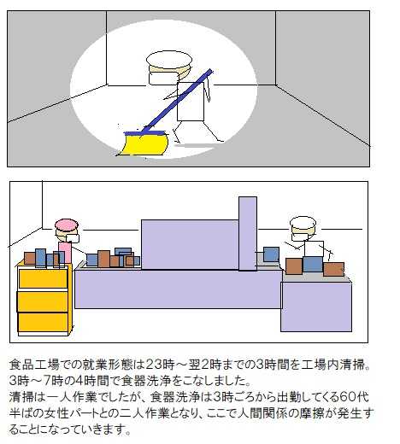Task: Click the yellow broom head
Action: click(144, 144)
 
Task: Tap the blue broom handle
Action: click(177, 101)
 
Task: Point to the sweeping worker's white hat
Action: click(169, 60)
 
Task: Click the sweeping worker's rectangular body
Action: click(191, 102)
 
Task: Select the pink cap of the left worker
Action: click(67, 225)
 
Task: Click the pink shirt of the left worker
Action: click(65, 252)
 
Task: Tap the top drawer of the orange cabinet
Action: click(43, 278)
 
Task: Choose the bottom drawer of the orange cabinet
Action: click(43, 322)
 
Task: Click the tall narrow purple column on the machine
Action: click(248, 233)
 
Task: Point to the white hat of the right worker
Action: click(303, 223)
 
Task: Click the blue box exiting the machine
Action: click(271, 254)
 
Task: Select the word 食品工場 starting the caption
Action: click(34, 365)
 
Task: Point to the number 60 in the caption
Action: click(349, 397)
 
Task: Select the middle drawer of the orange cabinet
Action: click(43, 301)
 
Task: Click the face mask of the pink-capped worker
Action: click(70, 238)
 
